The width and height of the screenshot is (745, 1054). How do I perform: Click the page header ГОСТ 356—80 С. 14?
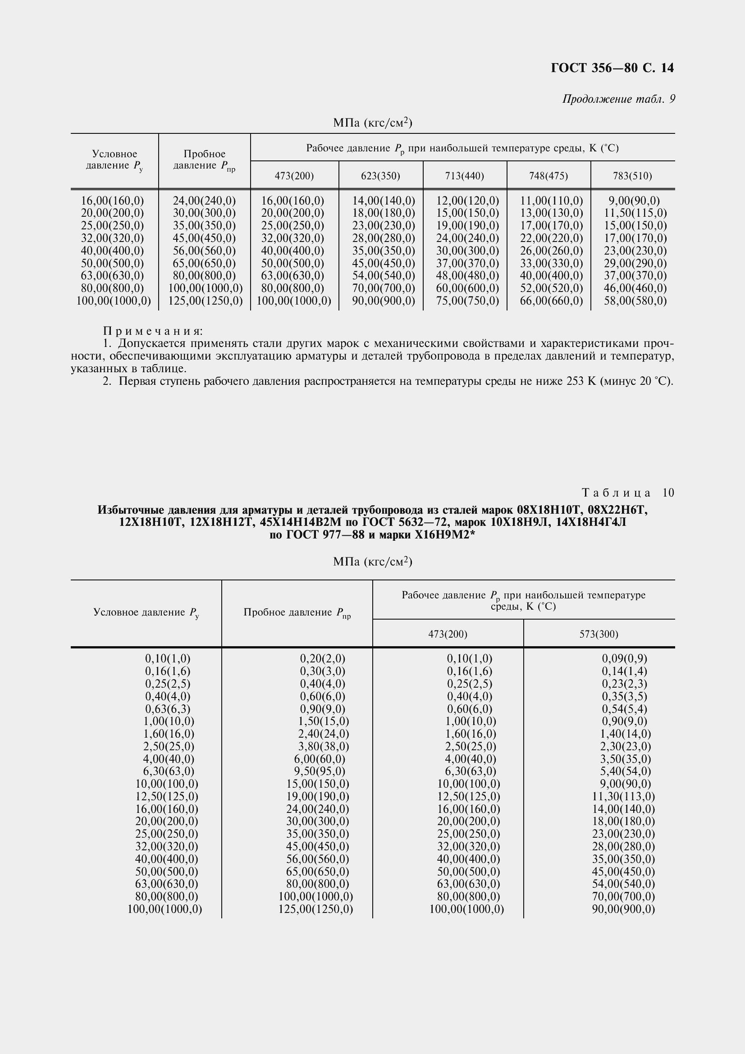click(x=612, y=68)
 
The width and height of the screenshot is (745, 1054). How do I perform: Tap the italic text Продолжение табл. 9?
click(x=618, y=99)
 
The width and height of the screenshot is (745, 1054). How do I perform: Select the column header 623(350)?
click(x=380, y=176)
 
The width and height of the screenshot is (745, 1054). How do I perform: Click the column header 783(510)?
click(x=632, y=176)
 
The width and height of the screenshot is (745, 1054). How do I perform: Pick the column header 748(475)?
click(x=548, y=176)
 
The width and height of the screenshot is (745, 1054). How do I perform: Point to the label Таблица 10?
click(x=627, y=493)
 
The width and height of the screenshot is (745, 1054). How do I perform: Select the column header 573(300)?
click(x=599, y=634)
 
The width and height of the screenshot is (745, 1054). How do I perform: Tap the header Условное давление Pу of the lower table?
click(x=146, y=613)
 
